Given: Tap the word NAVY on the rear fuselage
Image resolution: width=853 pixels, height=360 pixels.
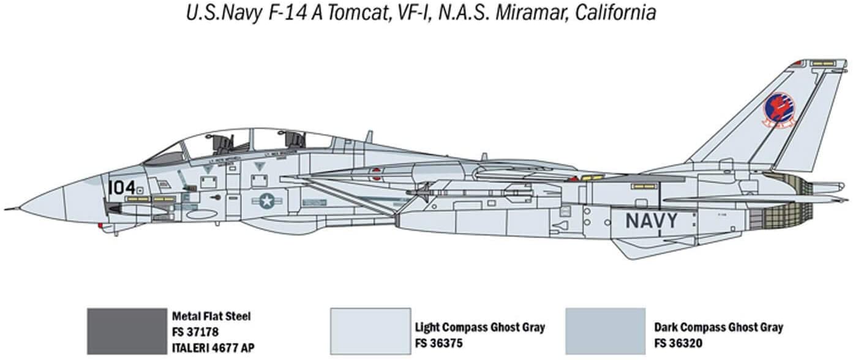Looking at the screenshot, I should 651,220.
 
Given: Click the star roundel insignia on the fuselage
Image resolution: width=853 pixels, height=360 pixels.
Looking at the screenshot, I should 266,200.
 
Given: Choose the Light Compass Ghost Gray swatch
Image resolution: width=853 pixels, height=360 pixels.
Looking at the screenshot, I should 370,331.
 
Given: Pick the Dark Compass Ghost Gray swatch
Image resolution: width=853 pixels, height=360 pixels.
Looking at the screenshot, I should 605,331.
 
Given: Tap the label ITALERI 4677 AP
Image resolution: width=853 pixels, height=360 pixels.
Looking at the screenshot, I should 213,348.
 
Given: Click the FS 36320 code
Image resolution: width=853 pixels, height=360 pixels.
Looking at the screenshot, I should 677,343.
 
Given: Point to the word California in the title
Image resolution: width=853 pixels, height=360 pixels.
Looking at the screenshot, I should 612,13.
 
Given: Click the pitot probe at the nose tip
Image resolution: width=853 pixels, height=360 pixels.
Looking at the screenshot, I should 11,209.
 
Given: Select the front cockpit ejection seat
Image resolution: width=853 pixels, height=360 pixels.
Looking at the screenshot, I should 224,145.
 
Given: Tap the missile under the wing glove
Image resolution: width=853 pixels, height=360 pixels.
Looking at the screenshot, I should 465,193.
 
